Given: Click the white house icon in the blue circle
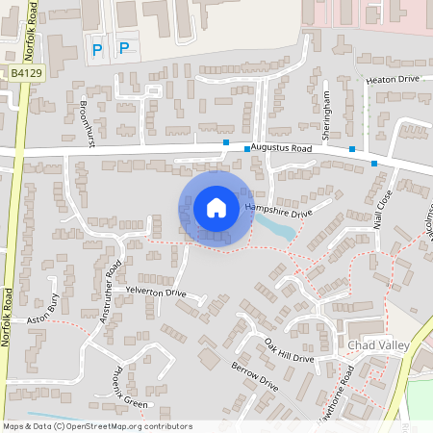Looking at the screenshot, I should coord(216,208).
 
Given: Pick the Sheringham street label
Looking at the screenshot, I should coord(327,114).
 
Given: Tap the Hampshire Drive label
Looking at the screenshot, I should coord(280,210).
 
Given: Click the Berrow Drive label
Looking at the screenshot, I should coord(255,375).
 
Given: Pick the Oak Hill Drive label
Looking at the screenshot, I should coord(291,351).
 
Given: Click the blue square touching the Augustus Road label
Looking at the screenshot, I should coord(226,143).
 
